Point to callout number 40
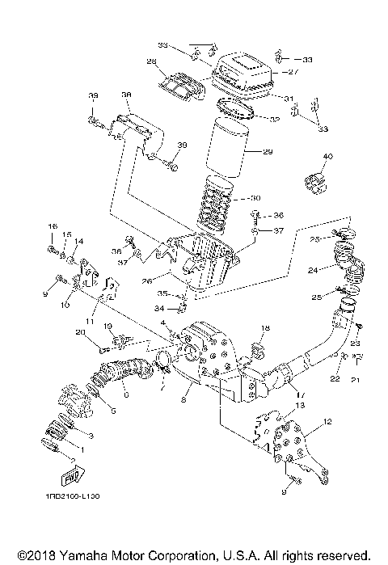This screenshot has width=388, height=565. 327,156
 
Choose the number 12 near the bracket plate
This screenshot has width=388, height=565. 327,422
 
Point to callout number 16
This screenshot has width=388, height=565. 52,226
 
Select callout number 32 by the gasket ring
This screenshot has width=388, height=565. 274,119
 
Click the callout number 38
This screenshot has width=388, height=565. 126,95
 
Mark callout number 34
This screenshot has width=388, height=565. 160,308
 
